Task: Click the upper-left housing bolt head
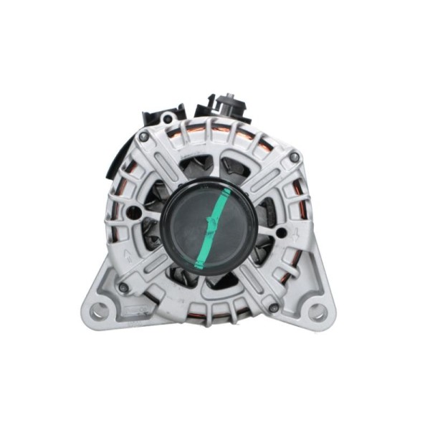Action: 144,137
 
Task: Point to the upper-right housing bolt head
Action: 294,157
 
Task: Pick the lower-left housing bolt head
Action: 124,287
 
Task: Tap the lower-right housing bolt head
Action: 274,307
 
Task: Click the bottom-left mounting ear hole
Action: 100,310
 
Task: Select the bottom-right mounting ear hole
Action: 317,312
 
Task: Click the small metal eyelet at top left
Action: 166,119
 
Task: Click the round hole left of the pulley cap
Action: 133,212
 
